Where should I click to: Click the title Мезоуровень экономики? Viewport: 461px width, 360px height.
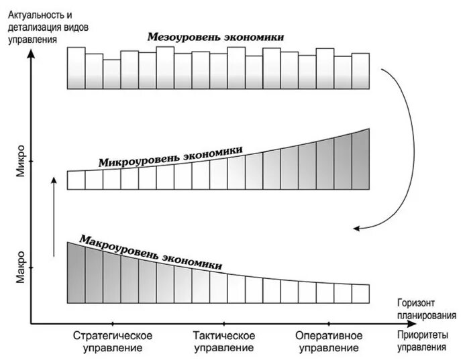[x=215, y=37]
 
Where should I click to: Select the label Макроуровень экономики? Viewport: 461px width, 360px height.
[x=150, y=252]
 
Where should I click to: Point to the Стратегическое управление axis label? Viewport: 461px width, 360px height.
[x=113, y=341]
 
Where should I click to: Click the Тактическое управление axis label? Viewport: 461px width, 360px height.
[x=223, y=341]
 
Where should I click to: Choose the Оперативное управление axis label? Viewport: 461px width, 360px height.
[x=328, y=341]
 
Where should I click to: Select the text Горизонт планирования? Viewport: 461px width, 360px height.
[x=421, y=309]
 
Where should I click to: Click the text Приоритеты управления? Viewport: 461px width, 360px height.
[x=421, y=341]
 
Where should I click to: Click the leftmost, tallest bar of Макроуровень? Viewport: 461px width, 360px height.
[x=76, y=272]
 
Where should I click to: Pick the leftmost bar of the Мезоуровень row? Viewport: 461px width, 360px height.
[x=76, y=67]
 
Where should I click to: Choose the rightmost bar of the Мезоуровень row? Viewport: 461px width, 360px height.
[x=360, y=70]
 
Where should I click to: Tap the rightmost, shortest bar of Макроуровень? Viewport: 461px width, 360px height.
[x=361, y=293]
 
